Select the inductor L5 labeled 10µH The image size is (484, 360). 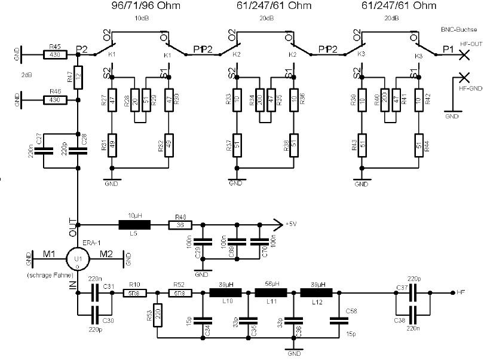tap(134, 225)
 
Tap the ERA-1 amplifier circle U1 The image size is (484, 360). tap(77, 258)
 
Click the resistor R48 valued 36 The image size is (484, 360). tap(182, 225)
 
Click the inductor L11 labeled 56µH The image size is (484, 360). tap(271, 293)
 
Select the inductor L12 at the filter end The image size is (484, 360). tap(317, 293)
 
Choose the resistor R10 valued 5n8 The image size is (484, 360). tap(133, 293)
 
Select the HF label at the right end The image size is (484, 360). tap(461, 293)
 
